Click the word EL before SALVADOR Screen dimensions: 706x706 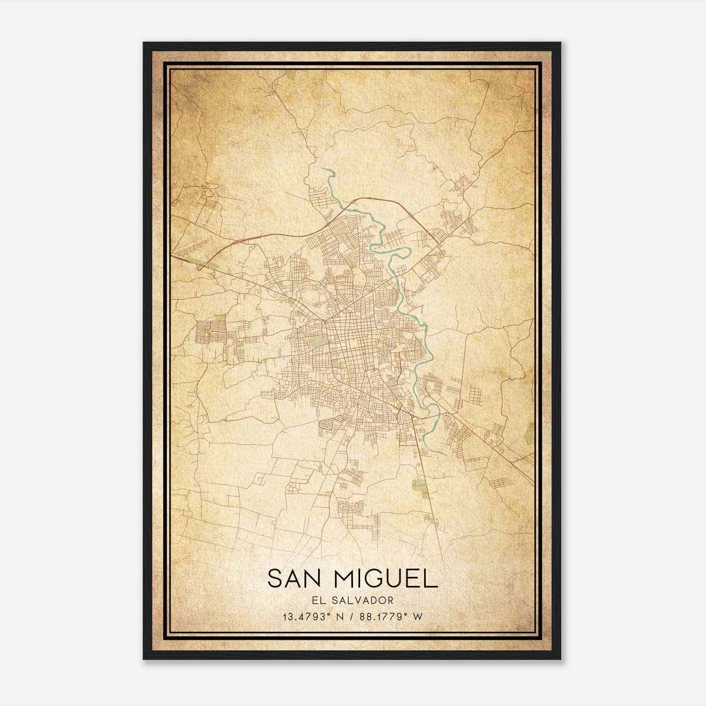tap(319, 600)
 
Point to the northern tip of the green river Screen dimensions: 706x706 tap(323, 168)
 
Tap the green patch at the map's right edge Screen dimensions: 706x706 tap(530, 429)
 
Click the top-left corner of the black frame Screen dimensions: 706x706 tap(144, 43)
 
